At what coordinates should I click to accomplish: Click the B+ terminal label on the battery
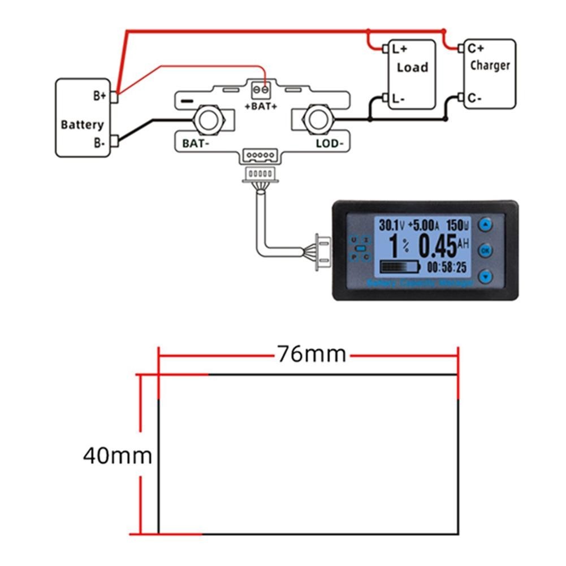(100, 96)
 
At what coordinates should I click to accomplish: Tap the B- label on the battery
(100, 142)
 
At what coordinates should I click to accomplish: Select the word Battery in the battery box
(82, 124)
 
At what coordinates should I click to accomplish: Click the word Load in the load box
(412, 67)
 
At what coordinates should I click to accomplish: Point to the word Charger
(490, 65)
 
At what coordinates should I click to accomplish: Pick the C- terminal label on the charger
(474, 98)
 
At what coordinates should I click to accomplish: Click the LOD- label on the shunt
(329, 144)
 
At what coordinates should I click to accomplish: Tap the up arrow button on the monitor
(486, 224)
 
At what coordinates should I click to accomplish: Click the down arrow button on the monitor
(486, 276)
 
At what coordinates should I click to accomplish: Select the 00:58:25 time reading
(447, 266)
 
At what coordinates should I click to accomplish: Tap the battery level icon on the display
(401, 266)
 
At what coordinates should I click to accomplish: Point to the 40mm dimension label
(118, 455)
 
